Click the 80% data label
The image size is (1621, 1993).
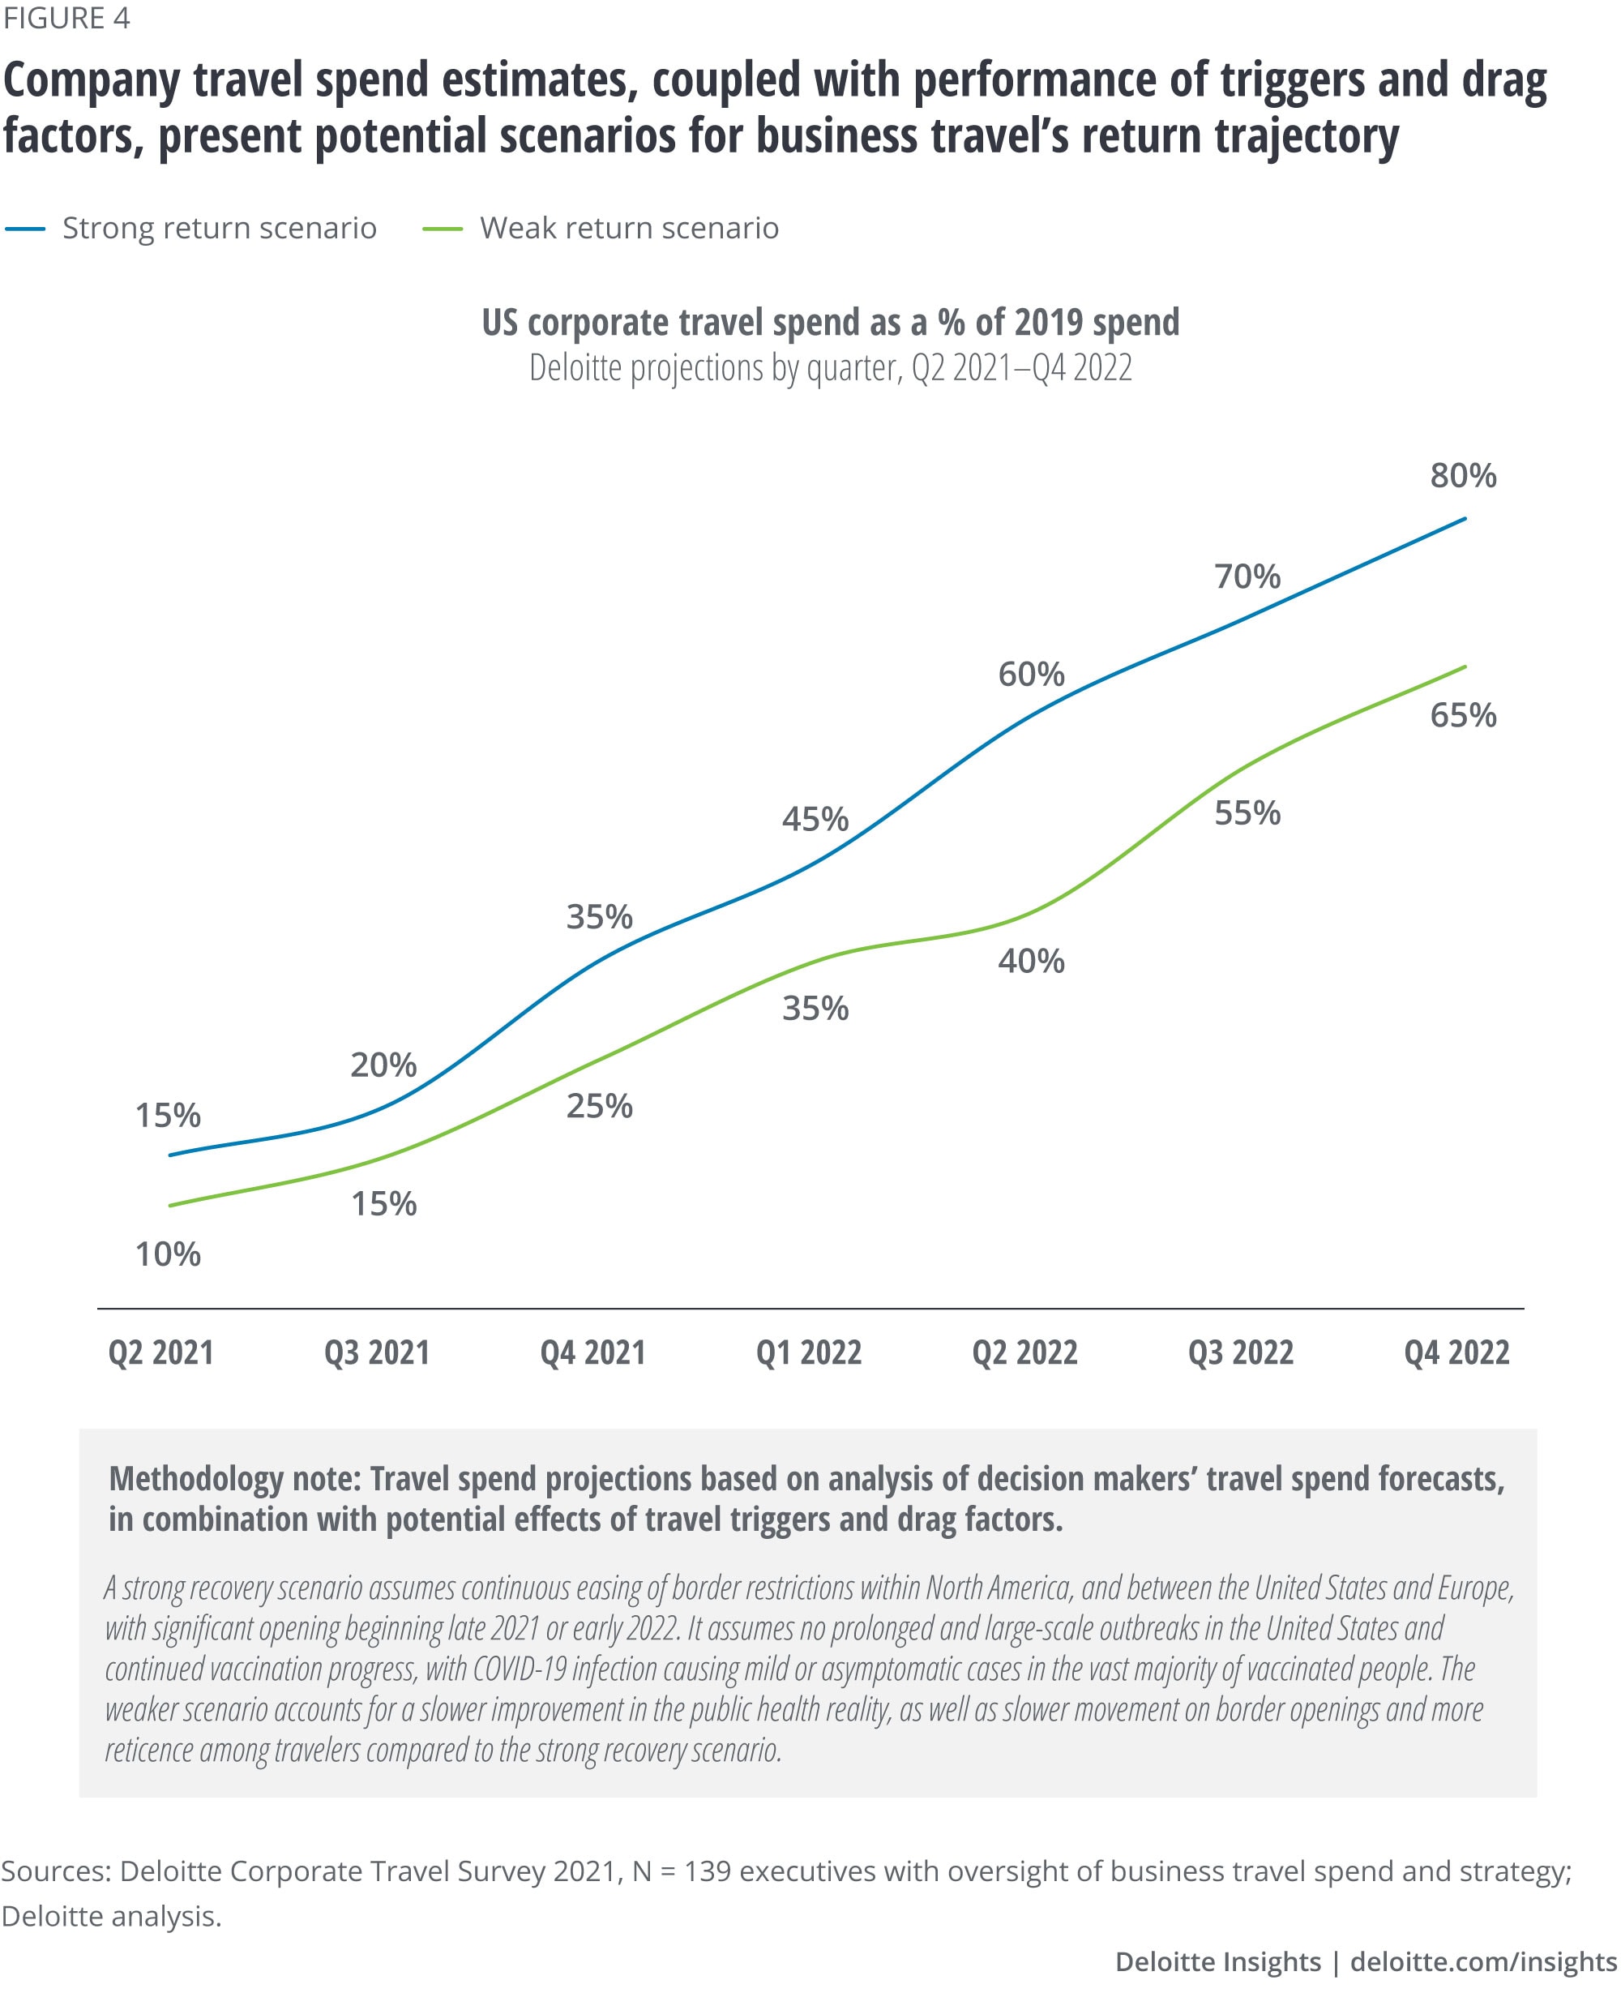tap(1462, 475)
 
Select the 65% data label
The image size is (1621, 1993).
tap(1462, 715)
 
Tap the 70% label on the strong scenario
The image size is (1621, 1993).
tap(1247, 576)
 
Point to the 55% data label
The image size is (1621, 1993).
tap(1247, 812)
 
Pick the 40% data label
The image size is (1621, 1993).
tap(1031, 960)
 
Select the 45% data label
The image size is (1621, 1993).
tap(815, 819)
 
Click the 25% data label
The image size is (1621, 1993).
tap(600, 1106)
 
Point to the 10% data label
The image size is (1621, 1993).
tap(168, 1254)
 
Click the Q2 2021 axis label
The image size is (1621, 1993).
tap(161, 1352)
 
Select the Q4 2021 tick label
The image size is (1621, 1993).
tap(593, 1352)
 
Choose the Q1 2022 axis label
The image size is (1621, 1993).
tap(809, 1352)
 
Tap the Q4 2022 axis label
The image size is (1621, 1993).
tap(1456, 1352)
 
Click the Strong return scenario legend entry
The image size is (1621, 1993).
tap(219, 228)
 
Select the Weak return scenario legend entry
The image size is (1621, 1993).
tap(628, 228)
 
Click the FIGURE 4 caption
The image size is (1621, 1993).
tap(66, 19)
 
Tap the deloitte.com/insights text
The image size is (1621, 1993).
tap(1484, 1961)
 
